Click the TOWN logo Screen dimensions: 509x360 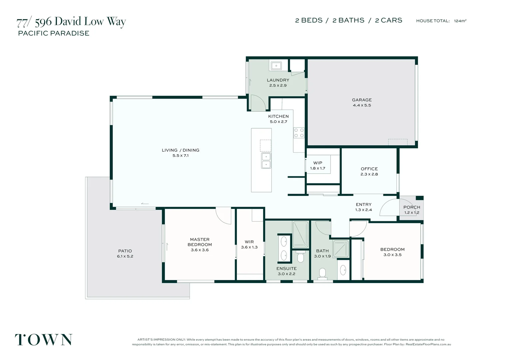pos(44,340)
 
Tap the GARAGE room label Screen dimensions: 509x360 pos(362,100)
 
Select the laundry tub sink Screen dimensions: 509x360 pos(276,66)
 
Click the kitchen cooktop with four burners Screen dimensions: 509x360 pos(299,133)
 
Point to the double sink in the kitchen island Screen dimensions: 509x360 pos(266,161)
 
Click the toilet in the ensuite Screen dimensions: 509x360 pos(300,256)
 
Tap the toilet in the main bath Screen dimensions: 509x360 pos(322,274)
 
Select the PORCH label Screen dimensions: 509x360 pos(412,207)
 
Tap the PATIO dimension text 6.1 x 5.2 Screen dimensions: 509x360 pos(125,256)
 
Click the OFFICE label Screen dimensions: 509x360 pos(369,169)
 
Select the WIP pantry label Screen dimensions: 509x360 pos(318,163)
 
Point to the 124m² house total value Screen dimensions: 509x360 pos(460,21)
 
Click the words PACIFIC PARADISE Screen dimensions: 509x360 pos(54,33)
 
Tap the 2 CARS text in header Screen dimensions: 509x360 pos(388,20)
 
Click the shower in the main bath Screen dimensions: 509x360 pos(341,249)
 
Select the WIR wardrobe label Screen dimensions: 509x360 pos(249,242)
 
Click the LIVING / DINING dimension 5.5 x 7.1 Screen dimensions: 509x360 pos(181,156)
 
